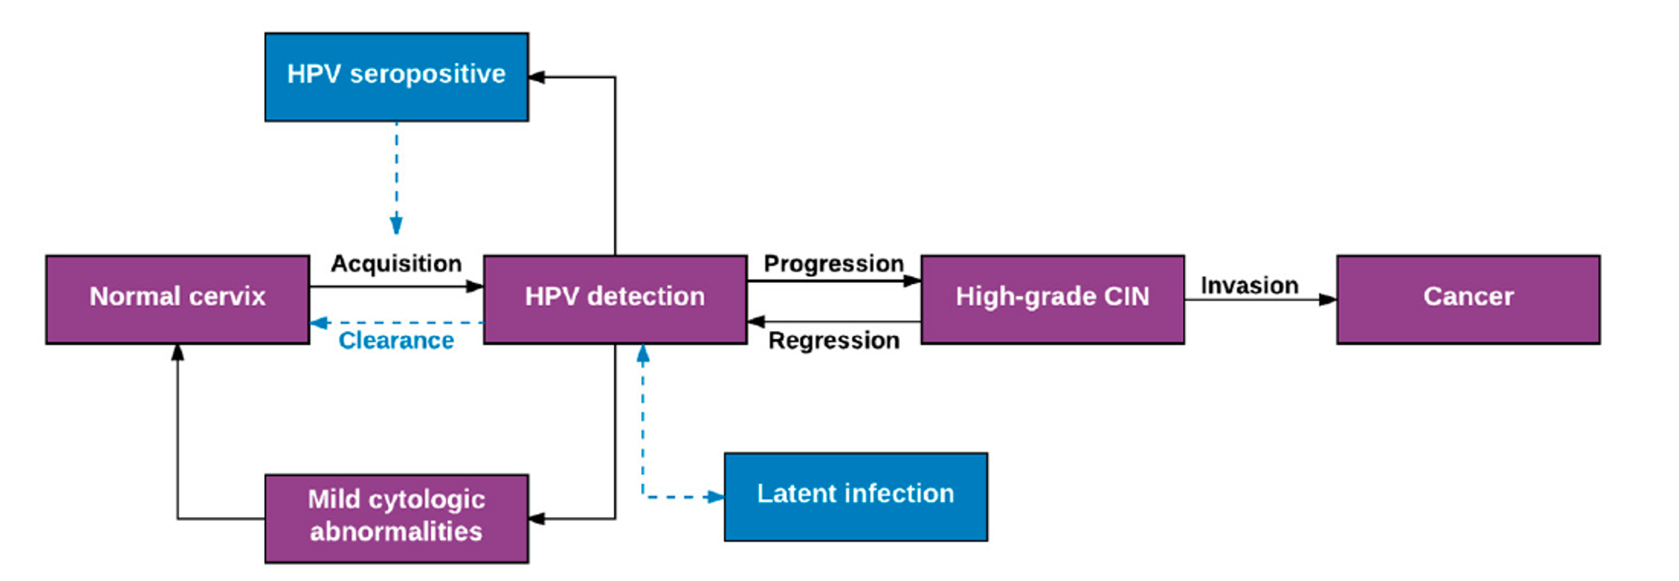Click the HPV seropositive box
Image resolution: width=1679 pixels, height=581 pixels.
point(396,77)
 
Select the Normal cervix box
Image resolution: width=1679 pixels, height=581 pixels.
point(178,300)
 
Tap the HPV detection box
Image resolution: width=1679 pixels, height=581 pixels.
point(615,300)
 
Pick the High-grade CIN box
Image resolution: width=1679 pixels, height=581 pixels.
point(1053,300)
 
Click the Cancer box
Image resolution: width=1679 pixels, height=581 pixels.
point(1468,300)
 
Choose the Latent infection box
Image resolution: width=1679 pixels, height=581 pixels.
point(856,497)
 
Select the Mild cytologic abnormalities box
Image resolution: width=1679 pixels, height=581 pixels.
point(396,519)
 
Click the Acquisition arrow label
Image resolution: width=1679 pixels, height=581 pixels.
point(396,264)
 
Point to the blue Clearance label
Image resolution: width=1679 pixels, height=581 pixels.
point(396,340)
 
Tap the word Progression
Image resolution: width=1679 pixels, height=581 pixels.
point(833,264)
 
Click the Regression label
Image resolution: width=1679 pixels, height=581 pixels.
point(833,340)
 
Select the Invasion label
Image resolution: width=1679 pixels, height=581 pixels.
point(1250,286)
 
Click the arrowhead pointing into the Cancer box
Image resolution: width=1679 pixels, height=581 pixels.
point(1327,300)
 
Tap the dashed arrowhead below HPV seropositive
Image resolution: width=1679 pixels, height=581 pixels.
point(396,225)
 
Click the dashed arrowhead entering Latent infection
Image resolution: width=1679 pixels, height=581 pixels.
point(715,497)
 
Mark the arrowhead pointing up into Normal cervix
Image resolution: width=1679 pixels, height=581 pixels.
point(178,353)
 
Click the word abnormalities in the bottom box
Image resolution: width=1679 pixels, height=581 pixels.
point(396,531)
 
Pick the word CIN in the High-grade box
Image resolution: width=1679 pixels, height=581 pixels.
point(1126,296)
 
